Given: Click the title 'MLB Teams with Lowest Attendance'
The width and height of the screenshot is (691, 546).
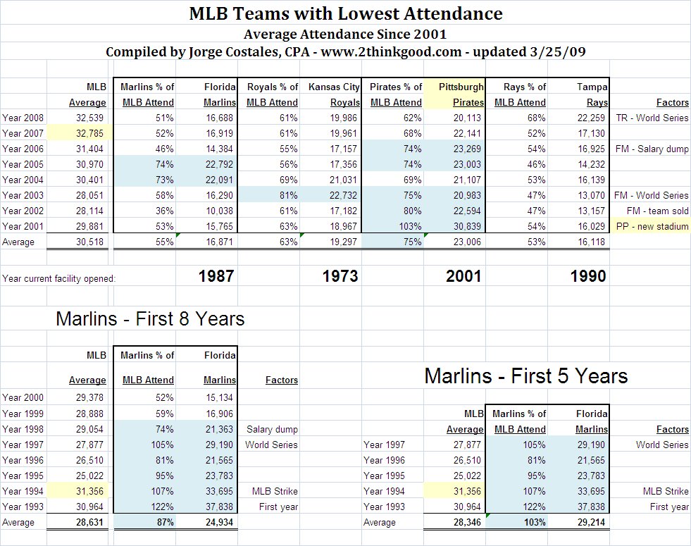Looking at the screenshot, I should pos(346,13).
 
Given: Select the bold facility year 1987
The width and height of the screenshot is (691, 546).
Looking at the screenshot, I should pos(216,276).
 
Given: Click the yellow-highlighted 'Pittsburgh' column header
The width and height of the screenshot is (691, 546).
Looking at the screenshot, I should pos(461,87).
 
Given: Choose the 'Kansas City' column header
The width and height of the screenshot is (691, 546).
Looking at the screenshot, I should pos(334,87).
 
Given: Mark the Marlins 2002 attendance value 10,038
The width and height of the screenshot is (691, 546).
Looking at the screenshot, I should pos(220,211).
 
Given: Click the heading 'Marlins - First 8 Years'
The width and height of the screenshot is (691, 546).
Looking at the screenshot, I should pos(150,319).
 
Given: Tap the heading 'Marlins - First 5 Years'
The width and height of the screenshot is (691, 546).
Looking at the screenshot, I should pos(525,376).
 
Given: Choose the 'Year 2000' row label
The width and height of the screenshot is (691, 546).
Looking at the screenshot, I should pos(23,398).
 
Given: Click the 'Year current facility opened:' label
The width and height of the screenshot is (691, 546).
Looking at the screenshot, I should pos(58,278).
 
